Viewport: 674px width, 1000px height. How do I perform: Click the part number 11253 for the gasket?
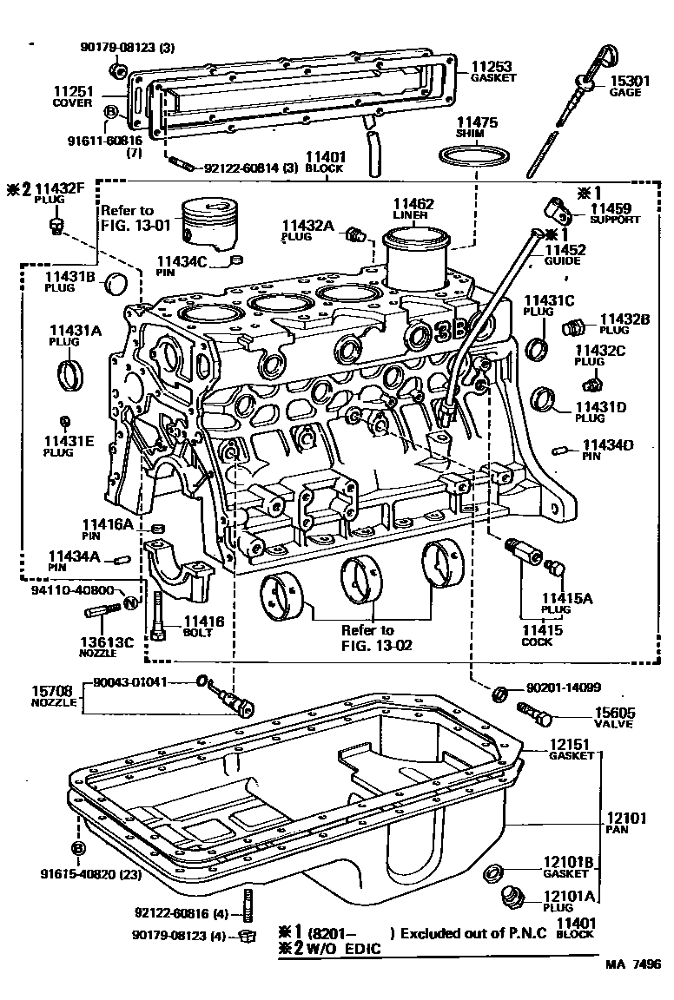pyautogui.click(x=491, y=66)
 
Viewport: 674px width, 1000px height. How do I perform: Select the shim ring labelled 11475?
pyautogui.click(x=474, y=159)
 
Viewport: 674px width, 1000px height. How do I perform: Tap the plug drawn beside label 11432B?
pyautogui.click(x=574, y=328)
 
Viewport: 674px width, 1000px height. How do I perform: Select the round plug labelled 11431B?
pyautogui.click(x=116, y=284)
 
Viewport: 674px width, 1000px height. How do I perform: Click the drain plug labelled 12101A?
pyautogui.click(x=513, y=898)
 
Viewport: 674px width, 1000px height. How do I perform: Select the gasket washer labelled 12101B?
pyautogui.click(x=494, y=871)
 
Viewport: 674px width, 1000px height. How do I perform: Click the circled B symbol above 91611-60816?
pyautogui.click(x=110, y=111)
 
